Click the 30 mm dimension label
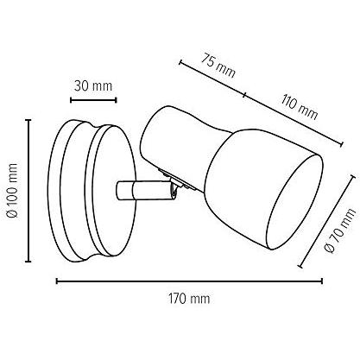click(x=93, y=86)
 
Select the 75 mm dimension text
click(x=218, y=66)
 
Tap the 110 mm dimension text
click(x=300, y=107)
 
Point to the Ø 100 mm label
click(x=13, y=190)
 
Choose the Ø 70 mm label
click(x=340, y=231)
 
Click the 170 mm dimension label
click(x=189, y=299)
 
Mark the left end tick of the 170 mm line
click(x=57, y=281)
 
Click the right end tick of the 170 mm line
click(x=321, y=281)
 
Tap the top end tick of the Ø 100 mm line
click(x=28, y=120)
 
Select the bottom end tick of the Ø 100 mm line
click(x=28, y=262)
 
